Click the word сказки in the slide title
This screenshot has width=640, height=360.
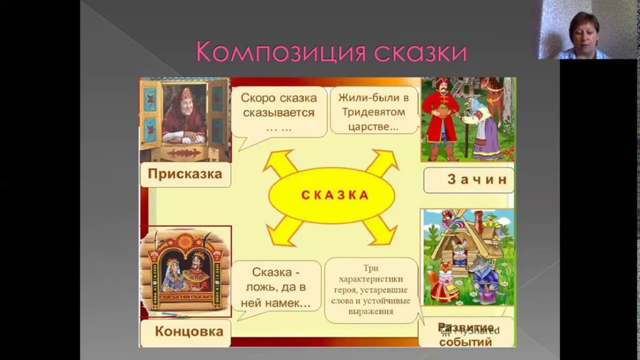coord(419,51)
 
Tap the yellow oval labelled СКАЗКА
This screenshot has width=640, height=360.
coord(331,194)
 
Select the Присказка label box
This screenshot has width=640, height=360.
coord(185,174)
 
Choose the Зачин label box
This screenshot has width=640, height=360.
coord(469,180)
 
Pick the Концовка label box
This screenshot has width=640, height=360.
coord(185,332)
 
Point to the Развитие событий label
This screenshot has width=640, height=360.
coord(466,334)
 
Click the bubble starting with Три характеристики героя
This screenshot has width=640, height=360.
coord(372,289)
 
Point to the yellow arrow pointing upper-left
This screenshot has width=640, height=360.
coord(278,164)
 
